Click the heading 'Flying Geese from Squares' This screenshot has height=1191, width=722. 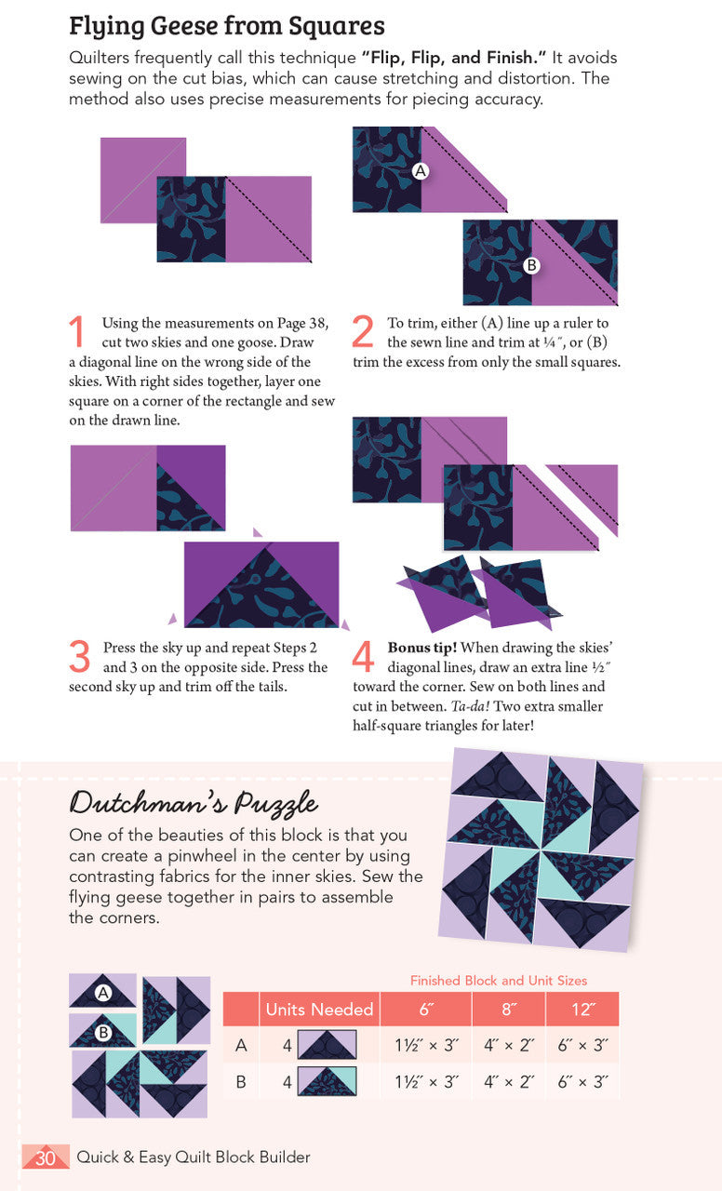(226, 25)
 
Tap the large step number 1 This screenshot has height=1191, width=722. (79, 332)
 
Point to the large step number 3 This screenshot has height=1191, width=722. (80, 657)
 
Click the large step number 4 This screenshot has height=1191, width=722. (365, 657)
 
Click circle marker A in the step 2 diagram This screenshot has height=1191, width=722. (421, 171)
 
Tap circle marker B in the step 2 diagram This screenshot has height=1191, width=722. (531, 265)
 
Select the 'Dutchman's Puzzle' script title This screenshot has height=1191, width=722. (194, 802)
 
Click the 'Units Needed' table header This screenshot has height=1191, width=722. (319, 1010)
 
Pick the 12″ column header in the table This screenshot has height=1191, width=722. (582, 1010)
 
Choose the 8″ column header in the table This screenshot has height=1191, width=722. (509, 1010)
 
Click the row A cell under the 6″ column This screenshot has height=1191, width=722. (426, 1045)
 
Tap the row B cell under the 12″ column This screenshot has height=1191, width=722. (582, 1082)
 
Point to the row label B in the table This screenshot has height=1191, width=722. (241, 1082)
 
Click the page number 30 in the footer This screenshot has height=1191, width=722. (46, 1158)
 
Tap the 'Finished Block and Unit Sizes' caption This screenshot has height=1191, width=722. (499, 981)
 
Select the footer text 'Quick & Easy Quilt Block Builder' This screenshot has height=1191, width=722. (194, 1158)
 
